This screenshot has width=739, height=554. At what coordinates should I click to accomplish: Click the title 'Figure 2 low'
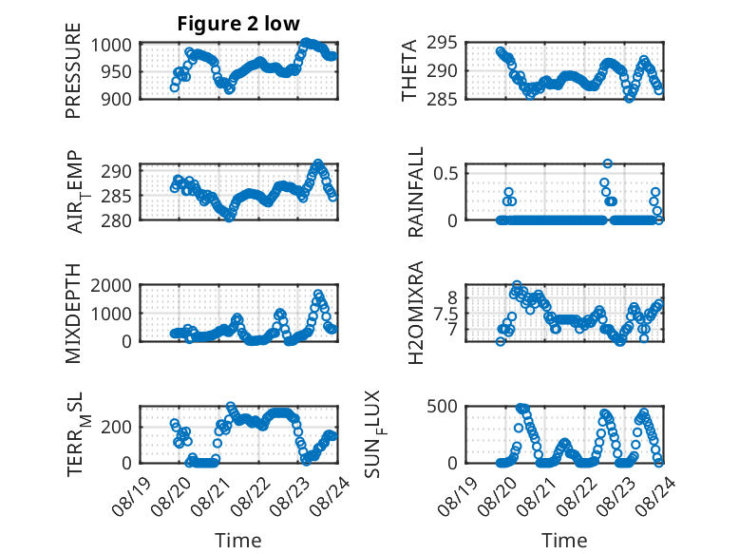[x=238, y=24]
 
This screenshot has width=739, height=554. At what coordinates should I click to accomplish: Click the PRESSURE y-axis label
[x=73, y=70]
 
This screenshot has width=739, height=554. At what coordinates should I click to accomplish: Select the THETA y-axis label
[x=409, y=70]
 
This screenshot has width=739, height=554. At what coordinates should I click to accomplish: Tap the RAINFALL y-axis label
[x=416, y=192]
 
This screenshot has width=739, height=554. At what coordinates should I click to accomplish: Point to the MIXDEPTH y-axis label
[x=73, y=314]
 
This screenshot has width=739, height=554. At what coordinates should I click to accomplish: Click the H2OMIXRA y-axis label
[x=416, y=313]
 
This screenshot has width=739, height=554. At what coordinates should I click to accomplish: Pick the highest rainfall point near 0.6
[x=608, y=163]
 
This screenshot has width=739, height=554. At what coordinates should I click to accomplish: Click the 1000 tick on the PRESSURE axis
[x=111, y=46]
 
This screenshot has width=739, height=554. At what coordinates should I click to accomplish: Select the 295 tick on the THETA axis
[x=442, y=43]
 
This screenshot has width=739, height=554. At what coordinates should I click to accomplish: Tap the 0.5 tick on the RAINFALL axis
[x=445, y=173]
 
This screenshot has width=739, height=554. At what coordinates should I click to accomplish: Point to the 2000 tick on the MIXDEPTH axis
[x=111, y=285]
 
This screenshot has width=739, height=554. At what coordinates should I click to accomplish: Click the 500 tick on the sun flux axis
[x=442, y=407]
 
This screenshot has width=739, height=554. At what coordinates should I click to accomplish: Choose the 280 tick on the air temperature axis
[x=117, y=220]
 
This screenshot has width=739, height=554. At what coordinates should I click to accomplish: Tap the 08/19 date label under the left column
[x=131, y=497]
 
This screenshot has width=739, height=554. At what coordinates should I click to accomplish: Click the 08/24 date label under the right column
[x=655, y=497]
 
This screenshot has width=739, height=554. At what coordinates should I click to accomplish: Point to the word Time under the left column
[x=238, y=541]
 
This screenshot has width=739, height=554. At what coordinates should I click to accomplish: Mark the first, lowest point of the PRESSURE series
[x=175, y=87]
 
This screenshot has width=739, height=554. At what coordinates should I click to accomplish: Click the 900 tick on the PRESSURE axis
[x=117, y=99]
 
